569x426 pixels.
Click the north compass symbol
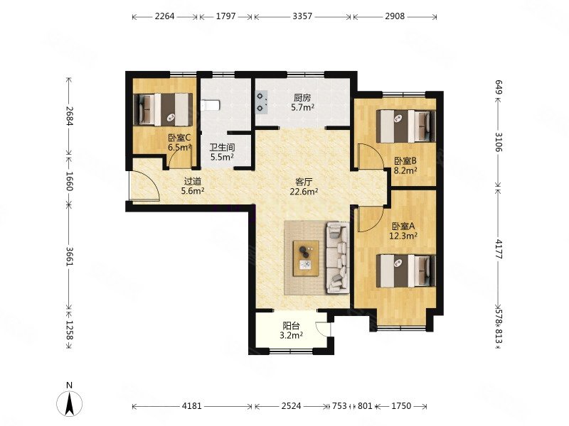tap(69, 403)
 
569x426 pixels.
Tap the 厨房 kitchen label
tap(302, 97)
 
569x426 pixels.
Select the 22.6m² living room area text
tap(304, 191)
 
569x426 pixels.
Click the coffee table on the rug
tap(307, 258)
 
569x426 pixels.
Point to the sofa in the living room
tap(338, 257)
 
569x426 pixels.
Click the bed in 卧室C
tap(163, 109)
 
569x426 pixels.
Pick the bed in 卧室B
tap(405, 126)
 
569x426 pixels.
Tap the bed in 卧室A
tap(405, 271)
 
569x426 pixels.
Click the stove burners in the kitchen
tap(262, 102)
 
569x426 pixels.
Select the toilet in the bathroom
tap(210, 104)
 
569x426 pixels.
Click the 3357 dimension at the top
tap(302, 16)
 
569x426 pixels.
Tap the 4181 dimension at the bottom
tap(191, 406)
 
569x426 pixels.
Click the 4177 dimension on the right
tap(499, 249)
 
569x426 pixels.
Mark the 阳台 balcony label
tap(292, 326)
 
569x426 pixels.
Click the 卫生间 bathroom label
tap(222, 148)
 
